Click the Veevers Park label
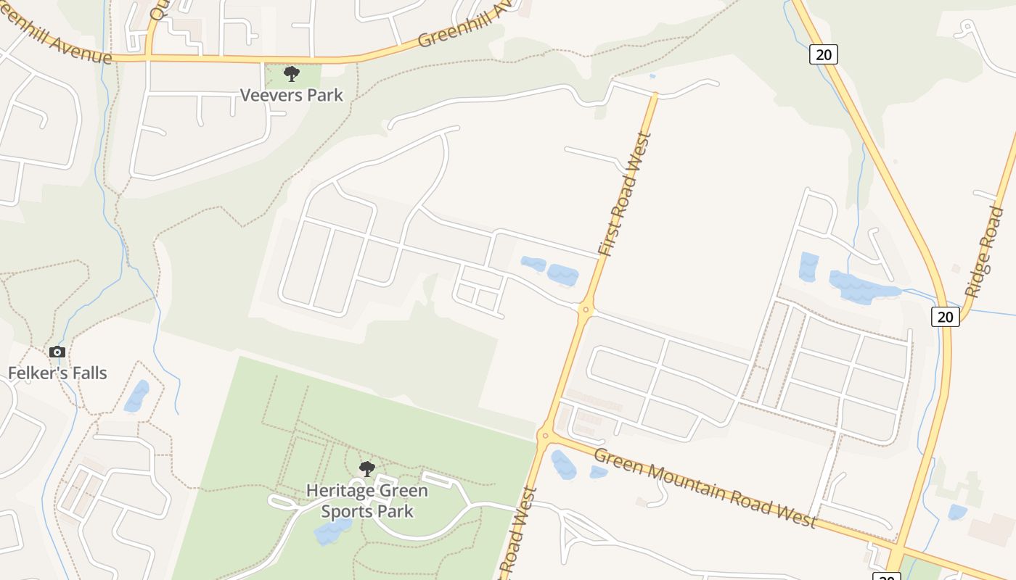point(291,95)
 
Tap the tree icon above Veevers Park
point(291,73)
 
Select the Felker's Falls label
point(57,373)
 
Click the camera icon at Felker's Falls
point(57,352)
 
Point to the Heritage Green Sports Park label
point(367,501)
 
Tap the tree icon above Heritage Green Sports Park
point(367,469)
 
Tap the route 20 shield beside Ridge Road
point(945,316)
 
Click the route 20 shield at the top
point(824,54)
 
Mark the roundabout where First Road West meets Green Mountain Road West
point(544,435)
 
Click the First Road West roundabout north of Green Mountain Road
point(586,310)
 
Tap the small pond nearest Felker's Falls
point(136,396)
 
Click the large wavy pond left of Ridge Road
point(864,287)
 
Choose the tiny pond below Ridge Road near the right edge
point(957,512)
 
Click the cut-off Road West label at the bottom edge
point(520,535)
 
